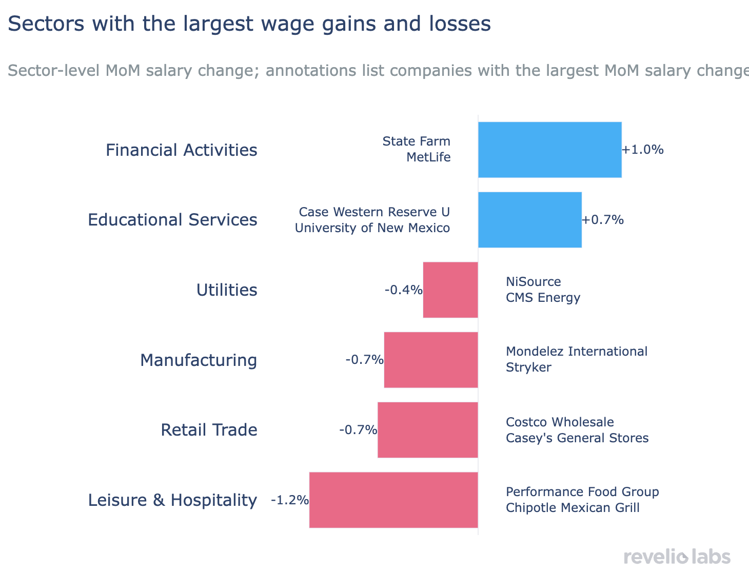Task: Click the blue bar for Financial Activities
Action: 549,150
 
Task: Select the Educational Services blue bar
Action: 529,220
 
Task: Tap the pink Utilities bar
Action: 450,290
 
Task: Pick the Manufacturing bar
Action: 431,360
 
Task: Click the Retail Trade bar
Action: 428,430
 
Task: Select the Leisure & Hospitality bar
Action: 393,500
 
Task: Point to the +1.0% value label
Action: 643,150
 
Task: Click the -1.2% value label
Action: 290,500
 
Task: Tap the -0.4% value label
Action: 403,290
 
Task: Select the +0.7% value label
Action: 603,220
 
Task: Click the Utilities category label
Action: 227,290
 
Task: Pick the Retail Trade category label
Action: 209,430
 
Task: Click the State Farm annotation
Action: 416,141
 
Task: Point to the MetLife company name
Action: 428,157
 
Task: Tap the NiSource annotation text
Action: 533,282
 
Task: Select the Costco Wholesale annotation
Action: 560,422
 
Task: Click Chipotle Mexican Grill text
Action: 573,508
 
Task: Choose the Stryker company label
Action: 528,367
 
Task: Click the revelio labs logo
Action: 677,557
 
